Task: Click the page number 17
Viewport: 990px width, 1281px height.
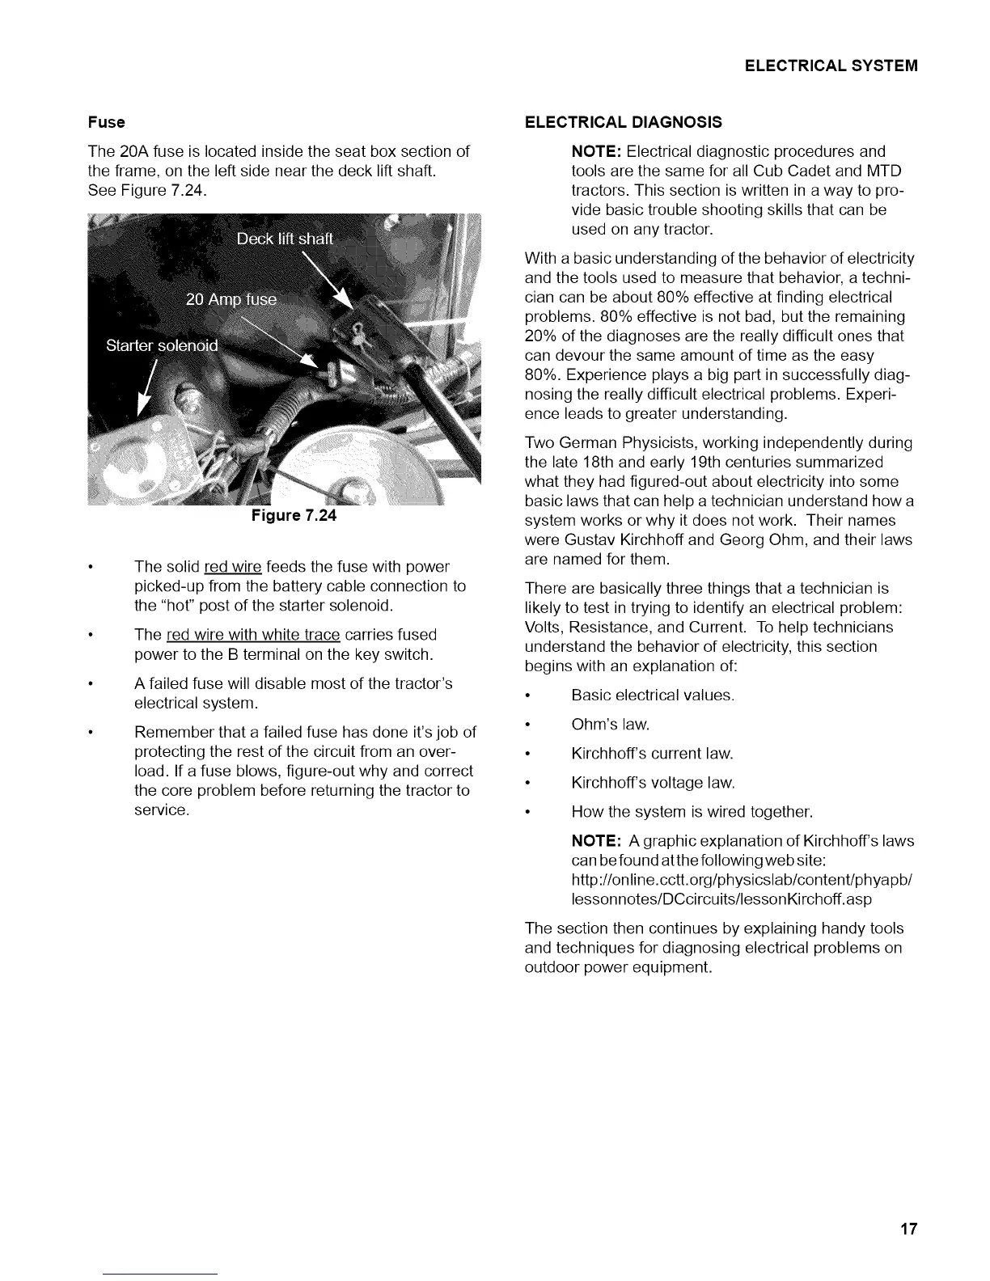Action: coord(909,1230)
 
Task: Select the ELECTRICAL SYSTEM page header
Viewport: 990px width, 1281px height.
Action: coord(831,66)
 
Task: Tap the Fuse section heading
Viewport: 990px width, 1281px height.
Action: coord(107,123)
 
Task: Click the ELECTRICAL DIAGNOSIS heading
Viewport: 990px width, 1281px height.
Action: coord(623,123)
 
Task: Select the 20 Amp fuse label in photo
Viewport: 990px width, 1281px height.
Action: coord(231,300)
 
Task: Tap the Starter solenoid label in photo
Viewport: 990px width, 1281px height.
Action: coord(162,346)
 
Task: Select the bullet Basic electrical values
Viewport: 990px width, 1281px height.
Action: coord(652,695)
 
